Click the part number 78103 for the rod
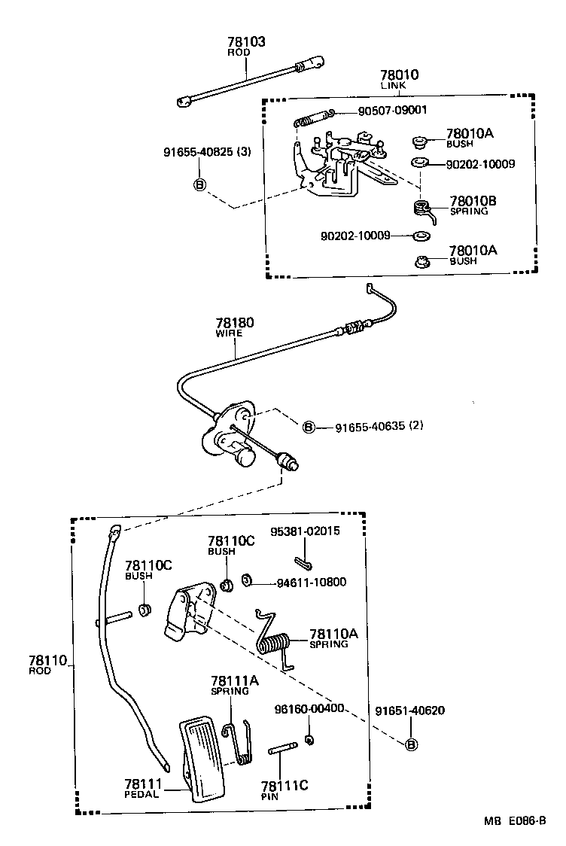[246, 43]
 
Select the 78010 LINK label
[399, 76]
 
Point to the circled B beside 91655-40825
[200, 184]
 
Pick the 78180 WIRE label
[235, 324]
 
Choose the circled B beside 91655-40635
[308, 427]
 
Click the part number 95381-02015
[306, 531]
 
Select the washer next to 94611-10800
[246, 581]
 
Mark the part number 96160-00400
[310, 708]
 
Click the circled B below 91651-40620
[411, 745]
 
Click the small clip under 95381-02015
[304, 562]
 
